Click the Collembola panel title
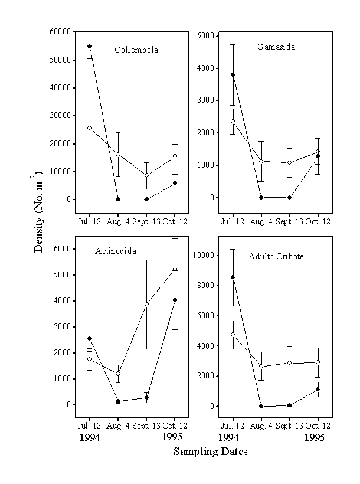(x=136, y=50)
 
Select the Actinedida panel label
(x=116, y=251)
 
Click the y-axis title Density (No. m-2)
(x=39, y=213)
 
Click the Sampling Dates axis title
(x=210, y=452)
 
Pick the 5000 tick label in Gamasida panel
(x=205, y=35)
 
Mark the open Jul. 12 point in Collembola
(x=90, y=127)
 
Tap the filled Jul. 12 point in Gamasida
(x=233, y=75)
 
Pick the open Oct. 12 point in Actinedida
(x=175, y=269)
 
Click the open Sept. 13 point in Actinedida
(x=146, y=304)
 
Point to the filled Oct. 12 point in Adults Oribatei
(x=318, y=390)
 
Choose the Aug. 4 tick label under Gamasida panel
(x=261, y=221)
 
